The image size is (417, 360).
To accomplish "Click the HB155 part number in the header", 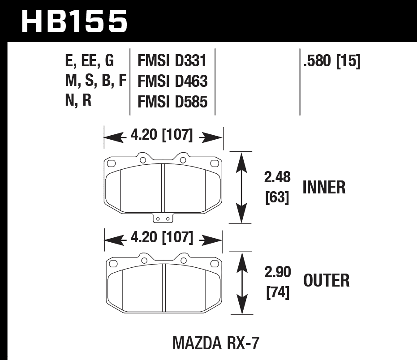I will click(x=74, y=21).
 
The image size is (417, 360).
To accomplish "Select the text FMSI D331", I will click(x=172, y=60).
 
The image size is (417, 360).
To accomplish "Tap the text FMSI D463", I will click(x=172, y=81).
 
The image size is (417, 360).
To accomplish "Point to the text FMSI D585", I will click(x=172, y=102).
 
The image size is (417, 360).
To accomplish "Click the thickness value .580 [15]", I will click(x=331, y=60).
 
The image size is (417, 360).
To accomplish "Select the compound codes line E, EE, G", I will click(x=89, y=60).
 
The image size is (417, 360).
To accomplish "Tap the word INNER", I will click(x=324, y=187).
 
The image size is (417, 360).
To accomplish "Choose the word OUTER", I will click(x=326, y=281).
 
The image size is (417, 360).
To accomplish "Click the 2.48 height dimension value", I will click(x=277, y=178).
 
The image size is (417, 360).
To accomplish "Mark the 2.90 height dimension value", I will click(x=277, y=272).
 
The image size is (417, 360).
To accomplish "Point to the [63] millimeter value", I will click(x=277, y=197).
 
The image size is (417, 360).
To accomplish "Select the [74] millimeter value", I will click(x=277, y=293).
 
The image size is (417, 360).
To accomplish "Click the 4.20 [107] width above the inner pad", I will click(x=162, y=135).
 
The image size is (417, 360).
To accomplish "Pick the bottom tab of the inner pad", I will click(x=163, y=218).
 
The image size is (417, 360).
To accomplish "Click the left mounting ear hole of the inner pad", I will click(x=142, y=159).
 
